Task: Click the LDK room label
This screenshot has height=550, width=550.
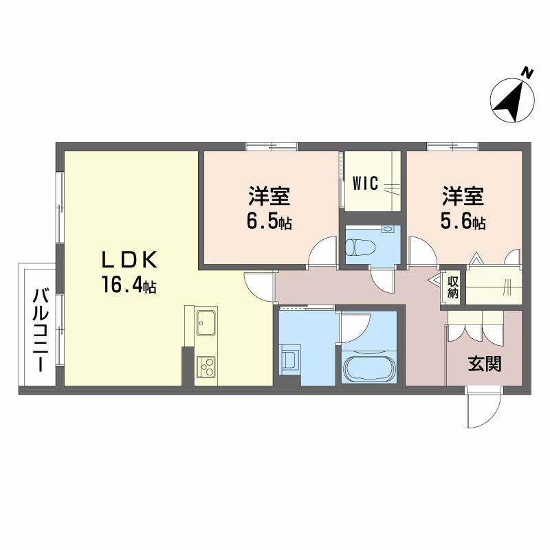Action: tap(131, 260)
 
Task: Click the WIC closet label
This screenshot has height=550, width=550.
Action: tap(365, 184)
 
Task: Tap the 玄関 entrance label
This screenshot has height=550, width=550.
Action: tap(485, 364)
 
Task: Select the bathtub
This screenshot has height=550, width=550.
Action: tap(370, 369)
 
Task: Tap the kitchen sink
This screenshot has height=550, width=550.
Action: tap(206, 321)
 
